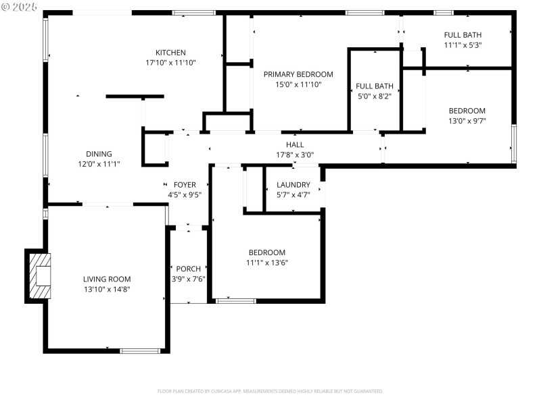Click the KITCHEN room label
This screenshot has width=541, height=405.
coord(170,53)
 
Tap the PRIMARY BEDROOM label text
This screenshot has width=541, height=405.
coord(298,74)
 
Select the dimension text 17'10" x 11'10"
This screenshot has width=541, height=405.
coord(170,63)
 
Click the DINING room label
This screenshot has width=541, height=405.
coord(99,154)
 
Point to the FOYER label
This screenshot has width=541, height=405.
coord(185,184)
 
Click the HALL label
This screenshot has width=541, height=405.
coord(295,144)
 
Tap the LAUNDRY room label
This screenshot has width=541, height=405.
coord(293,184)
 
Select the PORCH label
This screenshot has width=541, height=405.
coord(189,269)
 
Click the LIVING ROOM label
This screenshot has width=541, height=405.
coord(107,279)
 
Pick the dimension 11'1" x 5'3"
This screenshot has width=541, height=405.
coord(463,45)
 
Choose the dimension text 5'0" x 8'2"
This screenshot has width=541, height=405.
coord(374,96)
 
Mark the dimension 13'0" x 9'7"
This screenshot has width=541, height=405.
coord(467,121)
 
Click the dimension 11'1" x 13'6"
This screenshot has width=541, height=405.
coord(267,263)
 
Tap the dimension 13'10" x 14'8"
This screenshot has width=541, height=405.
coord(107,289)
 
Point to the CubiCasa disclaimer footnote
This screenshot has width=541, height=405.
coord(270,391)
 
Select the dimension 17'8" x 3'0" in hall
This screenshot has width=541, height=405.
coord(295,155)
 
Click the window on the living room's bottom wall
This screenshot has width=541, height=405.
coord(140,350)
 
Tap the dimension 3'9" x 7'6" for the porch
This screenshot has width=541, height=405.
coord(189,279)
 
